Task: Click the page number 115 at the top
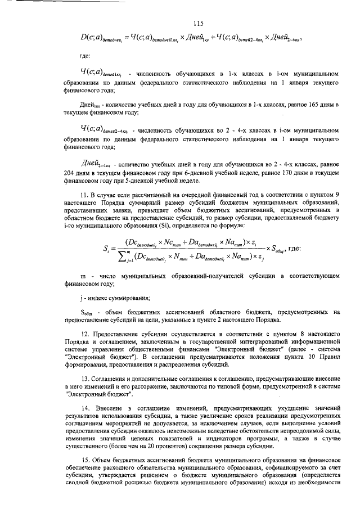[197, 23]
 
